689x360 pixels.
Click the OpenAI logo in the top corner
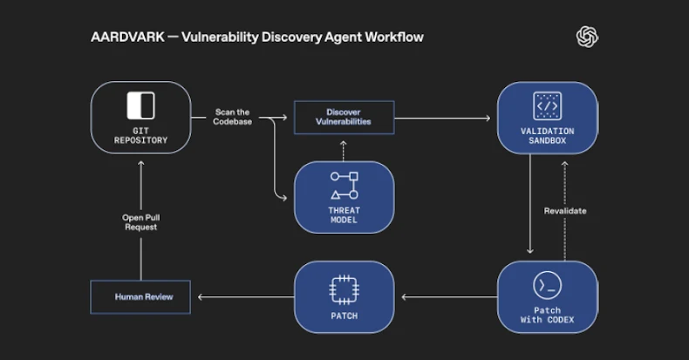coord(587,37)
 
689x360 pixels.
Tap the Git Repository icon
coord(140,105)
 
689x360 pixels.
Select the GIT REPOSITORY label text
coord(140,135)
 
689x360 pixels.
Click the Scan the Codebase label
coord(231,117)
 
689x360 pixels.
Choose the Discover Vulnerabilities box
coord(344,117)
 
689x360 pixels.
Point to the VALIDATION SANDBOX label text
coord(547,136)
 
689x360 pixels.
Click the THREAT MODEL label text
coord(344,214)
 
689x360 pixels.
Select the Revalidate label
coord(565,211)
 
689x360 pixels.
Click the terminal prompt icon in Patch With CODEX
coord(547,285)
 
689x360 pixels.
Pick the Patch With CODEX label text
coord(547,316)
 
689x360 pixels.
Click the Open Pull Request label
coord(140,221)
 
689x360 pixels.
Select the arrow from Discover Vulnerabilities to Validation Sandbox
coord(445,117)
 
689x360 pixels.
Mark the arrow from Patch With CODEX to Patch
coord(445,297)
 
